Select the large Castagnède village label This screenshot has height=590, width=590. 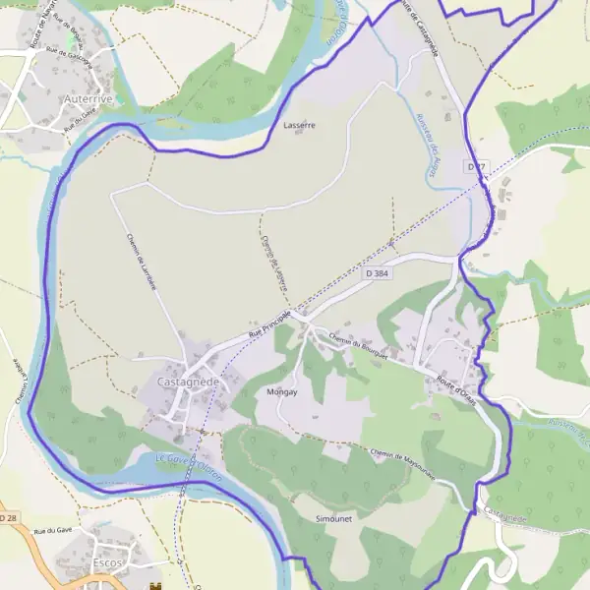click(x=188, y=381)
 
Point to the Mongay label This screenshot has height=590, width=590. click(x=282, y=391)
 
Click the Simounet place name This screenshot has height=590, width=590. click(x=319, y=517)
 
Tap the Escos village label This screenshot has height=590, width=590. click(x=106, y=562)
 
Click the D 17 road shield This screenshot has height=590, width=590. click(x=477, y=167)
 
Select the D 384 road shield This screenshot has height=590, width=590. click(x=374, y=271)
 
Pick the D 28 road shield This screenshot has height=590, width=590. click(x=9, y=517)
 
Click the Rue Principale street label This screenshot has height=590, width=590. click(x=270, y=324)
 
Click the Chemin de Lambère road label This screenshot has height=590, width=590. click(x=143, y=259)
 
